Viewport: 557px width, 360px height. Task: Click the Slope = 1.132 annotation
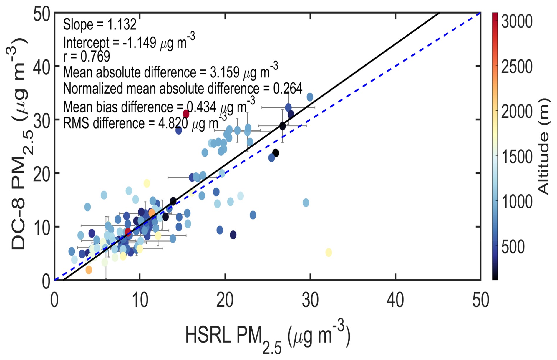point(100,24)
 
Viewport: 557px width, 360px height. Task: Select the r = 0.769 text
point(87,56)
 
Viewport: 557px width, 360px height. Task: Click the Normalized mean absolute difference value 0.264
point(288,89)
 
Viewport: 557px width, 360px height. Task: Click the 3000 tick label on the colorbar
point(517,21)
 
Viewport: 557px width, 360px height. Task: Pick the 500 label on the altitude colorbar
point(513,247)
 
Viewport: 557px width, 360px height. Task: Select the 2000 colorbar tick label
point(517,112)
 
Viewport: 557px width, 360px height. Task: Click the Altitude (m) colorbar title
point(543,146)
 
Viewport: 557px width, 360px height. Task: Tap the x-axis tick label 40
point(395,301)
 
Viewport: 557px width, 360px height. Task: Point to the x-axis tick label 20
point(225,301)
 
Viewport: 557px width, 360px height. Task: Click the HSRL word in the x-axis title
point(208,335)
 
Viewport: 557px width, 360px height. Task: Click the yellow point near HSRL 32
point(329,252)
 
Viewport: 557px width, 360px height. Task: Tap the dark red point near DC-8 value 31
point(186,114)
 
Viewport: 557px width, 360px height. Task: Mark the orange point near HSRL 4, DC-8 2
point(89,270)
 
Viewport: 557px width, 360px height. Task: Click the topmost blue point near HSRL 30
point(310,97)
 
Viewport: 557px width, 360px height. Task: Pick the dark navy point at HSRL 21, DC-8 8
point(233,235)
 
